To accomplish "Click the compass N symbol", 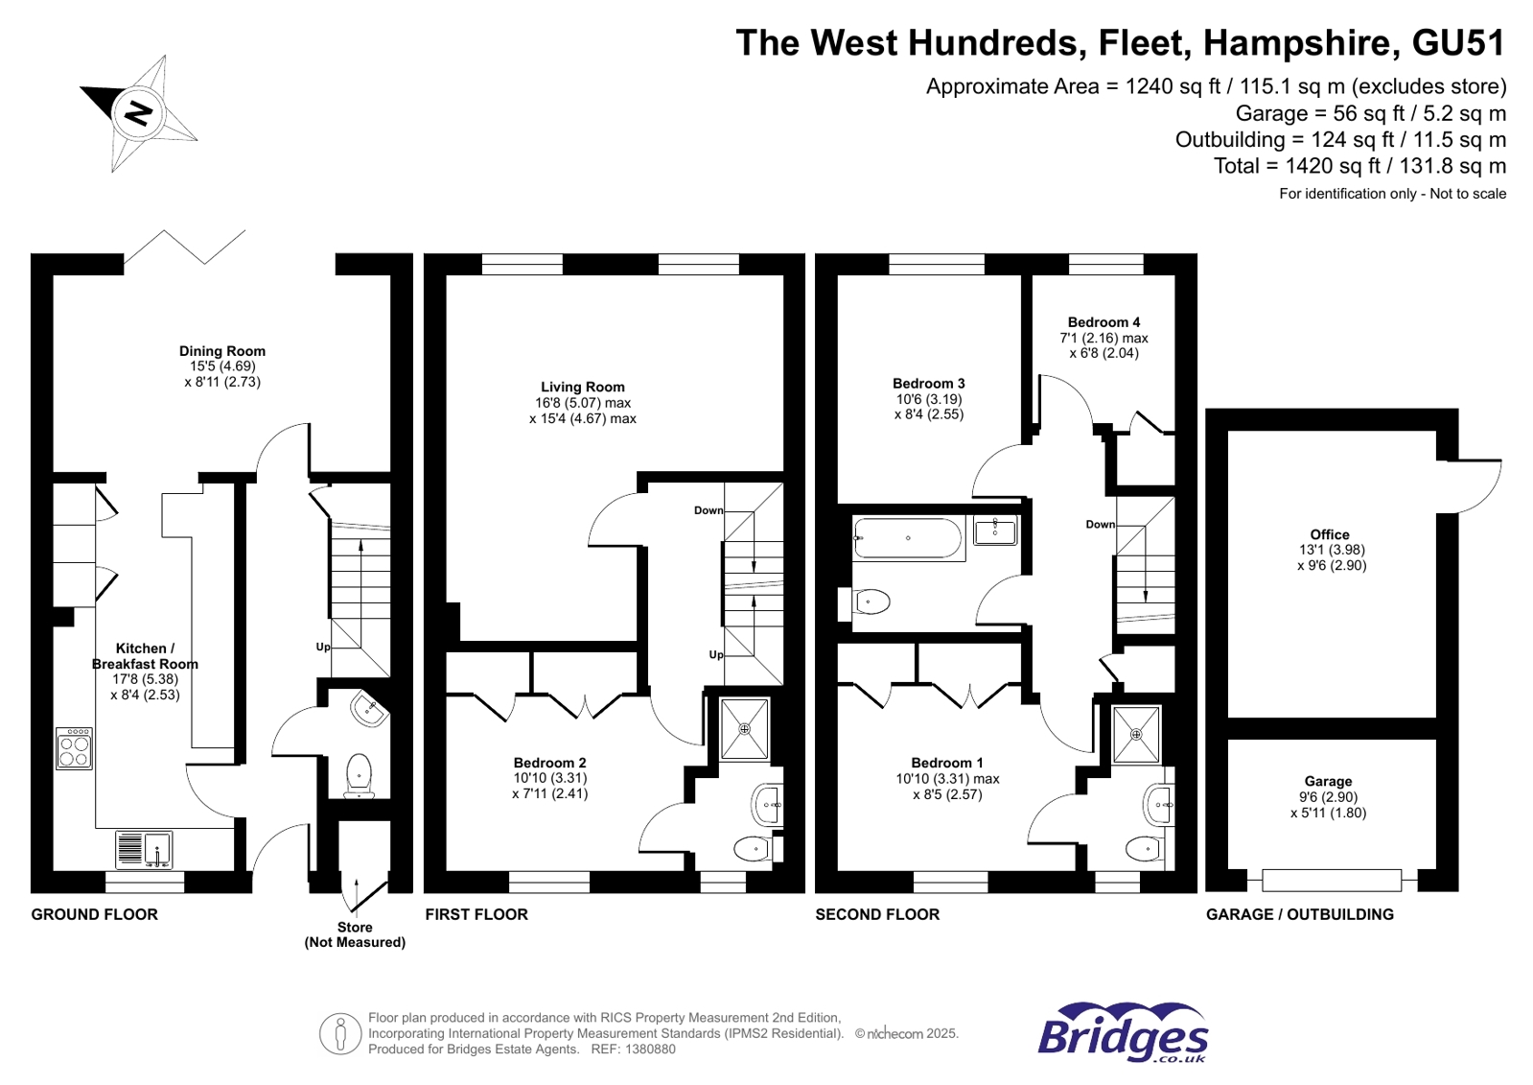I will (x=139, y=113).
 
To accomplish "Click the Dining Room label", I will (x=222, y=351).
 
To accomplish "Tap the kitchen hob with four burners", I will (x=75, y=748).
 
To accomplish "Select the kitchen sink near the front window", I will (x=145, y=850).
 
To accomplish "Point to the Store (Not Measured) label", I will (x=355, y=934).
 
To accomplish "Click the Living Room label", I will (x=582, y=387).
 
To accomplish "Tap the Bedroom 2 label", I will (x=549, y=763).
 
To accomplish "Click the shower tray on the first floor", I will (x=744, y=730).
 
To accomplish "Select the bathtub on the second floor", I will (x=908, y=538).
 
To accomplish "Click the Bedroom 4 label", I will (x=1103, y=322).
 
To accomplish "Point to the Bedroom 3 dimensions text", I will (x=928, y=407).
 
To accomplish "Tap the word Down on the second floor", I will (x=1100, y=525).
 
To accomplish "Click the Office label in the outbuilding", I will (x=1330, y=534).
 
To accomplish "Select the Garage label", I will (x=1328, y=781).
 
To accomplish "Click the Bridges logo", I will (x=1123, y=1033).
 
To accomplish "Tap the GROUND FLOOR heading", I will (x=94, y=914).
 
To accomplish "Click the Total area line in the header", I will (x=1359, y=166).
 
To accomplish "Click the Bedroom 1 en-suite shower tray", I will (x=1136, y=735).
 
